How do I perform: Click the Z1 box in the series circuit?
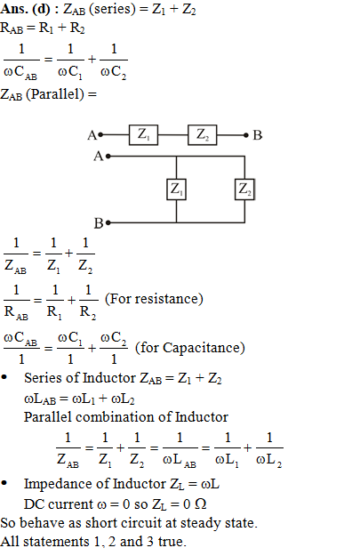143,134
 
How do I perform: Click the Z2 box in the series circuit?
202,134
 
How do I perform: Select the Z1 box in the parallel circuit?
176,189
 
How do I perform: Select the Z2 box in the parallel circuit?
244,189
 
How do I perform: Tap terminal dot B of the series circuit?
246,135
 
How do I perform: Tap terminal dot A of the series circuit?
100,134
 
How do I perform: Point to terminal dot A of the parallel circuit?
108,156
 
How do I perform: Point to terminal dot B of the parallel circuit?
108,222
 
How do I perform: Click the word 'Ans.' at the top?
14,9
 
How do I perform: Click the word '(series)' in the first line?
112,9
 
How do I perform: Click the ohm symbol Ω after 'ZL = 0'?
201,504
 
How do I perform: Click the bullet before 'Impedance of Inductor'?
4,483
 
